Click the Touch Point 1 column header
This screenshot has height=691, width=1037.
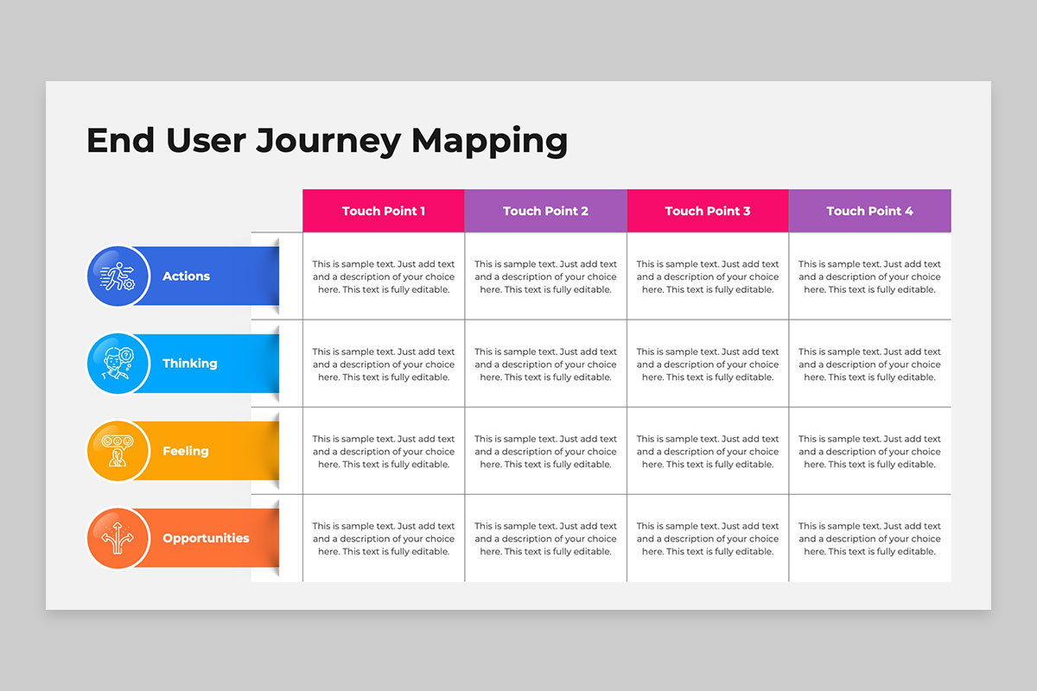coord(384,211)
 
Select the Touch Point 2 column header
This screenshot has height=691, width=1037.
coord(545,211)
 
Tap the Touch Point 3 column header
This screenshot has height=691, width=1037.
coord(708,211)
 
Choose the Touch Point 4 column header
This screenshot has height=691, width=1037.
coord(869,211)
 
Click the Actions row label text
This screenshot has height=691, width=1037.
coord(186,276)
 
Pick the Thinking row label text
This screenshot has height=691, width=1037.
coord(189,364)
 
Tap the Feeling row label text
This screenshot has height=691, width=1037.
coord(185,451)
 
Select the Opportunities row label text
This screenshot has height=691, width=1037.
coord(206,538)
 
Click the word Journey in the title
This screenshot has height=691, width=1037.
coord(328,141)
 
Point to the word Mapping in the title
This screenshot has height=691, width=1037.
coord(489,141)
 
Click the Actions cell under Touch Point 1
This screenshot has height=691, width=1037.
coord(384,276)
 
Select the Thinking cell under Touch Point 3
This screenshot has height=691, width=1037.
coord(708,364)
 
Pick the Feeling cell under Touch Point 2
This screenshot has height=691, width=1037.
coord(545,451)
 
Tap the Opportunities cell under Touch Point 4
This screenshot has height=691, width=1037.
coord(869,538)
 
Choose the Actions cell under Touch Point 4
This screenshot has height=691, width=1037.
coord(869,276)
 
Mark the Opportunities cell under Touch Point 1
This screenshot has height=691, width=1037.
coord(384,538)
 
